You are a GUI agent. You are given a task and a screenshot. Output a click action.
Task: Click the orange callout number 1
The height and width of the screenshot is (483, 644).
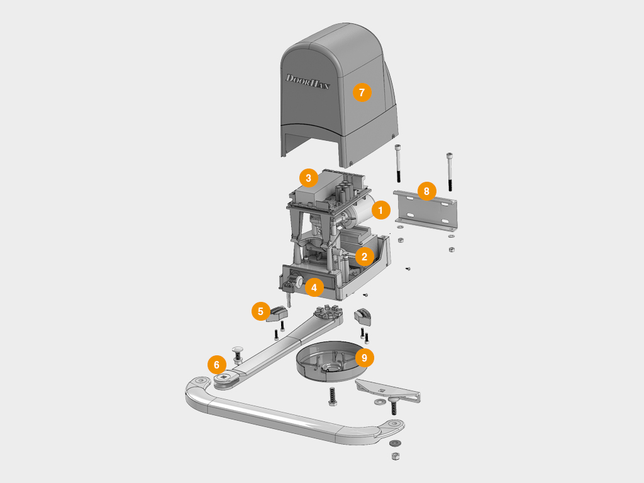coord(380,210)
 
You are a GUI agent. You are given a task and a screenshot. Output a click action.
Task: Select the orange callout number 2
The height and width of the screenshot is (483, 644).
coord(364,257)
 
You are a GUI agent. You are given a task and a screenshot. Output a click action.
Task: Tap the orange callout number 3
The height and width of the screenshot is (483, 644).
coord(308,178)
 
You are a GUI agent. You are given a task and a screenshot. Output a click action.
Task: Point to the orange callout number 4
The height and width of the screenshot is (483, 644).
coord(314,287)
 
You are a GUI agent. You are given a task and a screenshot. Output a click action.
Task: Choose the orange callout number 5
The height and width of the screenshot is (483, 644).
coord(261,312)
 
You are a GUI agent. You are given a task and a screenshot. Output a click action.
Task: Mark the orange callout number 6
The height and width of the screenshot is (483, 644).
coord(217,365)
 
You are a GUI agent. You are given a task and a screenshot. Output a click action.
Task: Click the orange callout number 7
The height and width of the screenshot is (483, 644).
coord(362,92)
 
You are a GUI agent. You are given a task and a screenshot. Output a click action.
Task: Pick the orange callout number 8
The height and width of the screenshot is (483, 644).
coord(427,191)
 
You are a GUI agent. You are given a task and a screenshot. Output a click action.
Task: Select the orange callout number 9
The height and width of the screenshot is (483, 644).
coord(364,358)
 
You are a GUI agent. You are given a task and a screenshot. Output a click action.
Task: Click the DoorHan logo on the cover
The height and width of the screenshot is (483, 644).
coord(308,81)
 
